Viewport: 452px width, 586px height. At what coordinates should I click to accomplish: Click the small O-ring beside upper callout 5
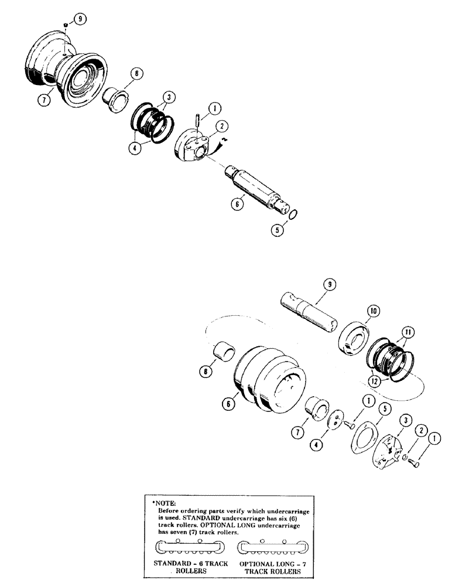(x=295, y=213)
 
